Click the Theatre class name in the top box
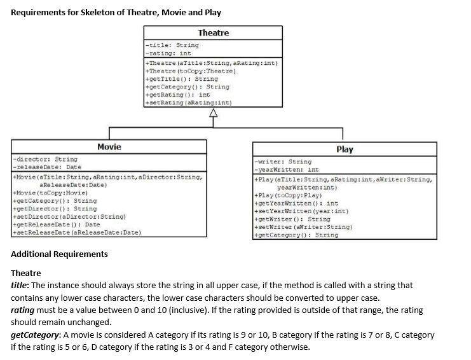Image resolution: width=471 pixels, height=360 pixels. click(x=213, y=32)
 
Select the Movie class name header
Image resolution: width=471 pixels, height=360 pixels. click(x=109, y=147)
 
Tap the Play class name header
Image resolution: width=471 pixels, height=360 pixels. click(x=344, y=149)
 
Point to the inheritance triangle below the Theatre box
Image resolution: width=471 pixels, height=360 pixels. click(x=214, y=114)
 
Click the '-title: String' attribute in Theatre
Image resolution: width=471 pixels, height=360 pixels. click(x=172, y=45)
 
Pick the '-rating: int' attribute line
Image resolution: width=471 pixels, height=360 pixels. click(x=169, y=53)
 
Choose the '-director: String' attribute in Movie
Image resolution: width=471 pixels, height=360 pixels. click(x=44, y=159)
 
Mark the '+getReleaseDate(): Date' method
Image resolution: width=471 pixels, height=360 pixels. click(x=57, y=225)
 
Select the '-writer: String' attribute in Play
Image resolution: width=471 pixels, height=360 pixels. click(x=282, y=162)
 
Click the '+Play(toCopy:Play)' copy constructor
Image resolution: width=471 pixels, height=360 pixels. click(x=287, y=195)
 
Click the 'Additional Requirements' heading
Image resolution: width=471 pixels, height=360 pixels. click(x=60, y=254)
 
